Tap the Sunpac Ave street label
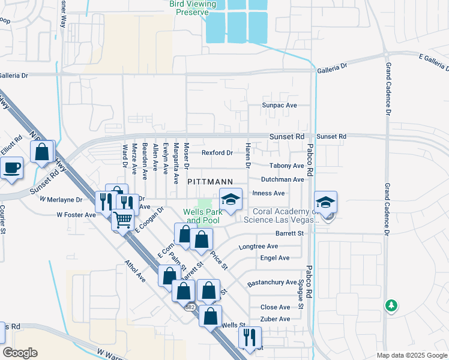click(x=279, y=105)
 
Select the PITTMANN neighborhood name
click(x=209, y=181)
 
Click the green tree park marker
click(x=391, y=305)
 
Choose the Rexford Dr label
click(x=217, y=153)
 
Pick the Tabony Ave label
click(x=287, y=166)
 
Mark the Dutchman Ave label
click(x=282, y=179)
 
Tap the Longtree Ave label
click(x=258, y=247)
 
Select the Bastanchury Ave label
click(x=272, y=282)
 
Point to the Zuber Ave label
click(x=275, y=319)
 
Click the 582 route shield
click(x=190, y=307)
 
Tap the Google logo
click(x=20, y=353)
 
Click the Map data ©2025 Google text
click(x=411, y=355)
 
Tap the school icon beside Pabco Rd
click(x=325, y=203)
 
